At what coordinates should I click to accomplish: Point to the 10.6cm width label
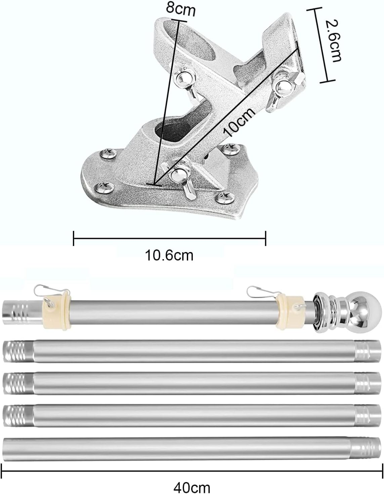(169, 256)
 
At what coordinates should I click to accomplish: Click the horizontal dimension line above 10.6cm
(169, 239)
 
